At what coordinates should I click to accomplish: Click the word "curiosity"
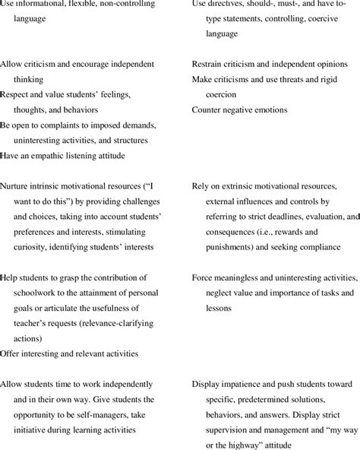[33, 247]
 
